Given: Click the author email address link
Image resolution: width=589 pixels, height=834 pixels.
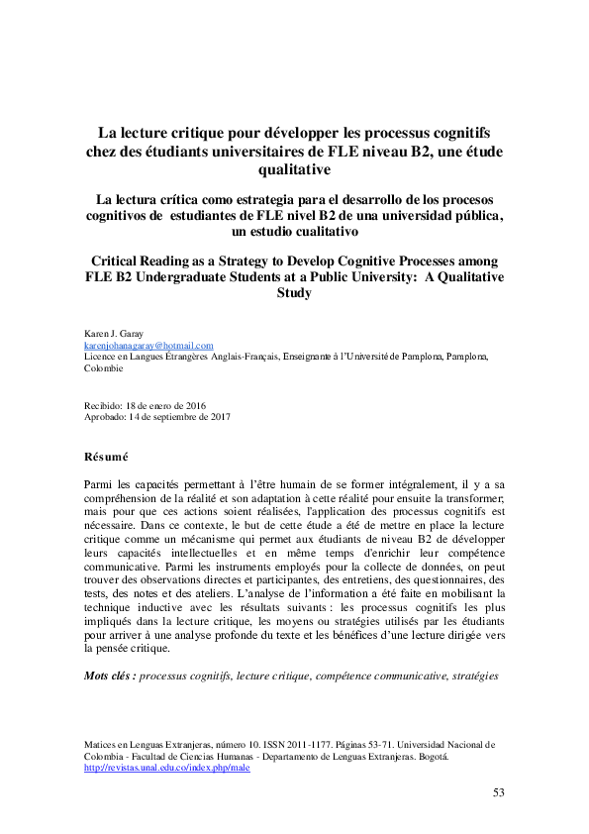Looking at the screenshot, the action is [148, 345].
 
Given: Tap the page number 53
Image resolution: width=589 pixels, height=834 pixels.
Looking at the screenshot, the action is [499, 791].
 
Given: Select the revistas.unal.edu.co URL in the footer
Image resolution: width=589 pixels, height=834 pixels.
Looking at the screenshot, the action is [166, 767].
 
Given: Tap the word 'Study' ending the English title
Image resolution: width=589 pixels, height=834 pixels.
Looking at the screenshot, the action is [294, 293].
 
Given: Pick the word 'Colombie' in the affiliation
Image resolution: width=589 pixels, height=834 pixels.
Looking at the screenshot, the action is [104, 367].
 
